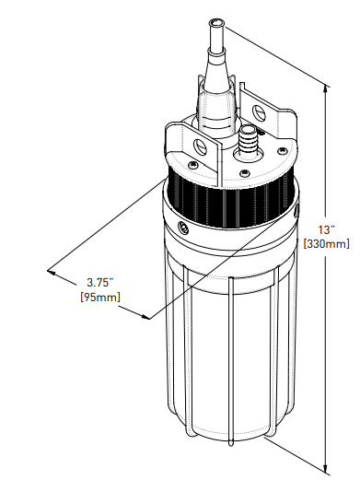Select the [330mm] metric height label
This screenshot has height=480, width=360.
[x=326, y=243]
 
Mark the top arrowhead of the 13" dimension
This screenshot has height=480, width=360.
[x=326, y=87]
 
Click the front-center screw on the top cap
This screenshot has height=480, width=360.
[x=244, y=172]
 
